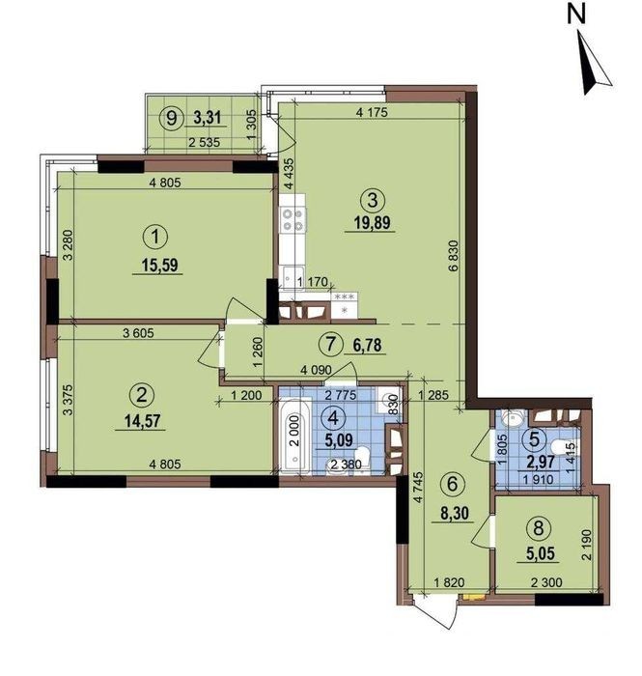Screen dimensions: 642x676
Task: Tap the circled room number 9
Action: (x=172, y=117)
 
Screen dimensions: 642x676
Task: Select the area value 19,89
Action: (x=373, y=223)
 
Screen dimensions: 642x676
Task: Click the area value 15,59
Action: (x=160, y=265)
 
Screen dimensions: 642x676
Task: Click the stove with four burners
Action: (x=293, y=219)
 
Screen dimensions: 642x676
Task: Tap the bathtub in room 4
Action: (x=293, y=437)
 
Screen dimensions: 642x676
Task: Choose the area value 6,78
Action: (x=368, y=345)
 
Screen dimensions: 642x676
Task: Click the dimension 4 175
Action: (x=373, y=113)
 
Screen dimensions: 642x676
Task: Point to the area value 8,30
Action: (x=455, y=514)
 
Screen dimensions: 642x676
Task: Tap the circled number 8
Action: (x=539, y=528)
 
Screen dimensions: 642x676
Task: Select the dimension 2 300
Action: (x=546, y=583)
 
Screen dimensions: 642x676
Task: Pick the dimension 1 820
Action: (x=449, y=583)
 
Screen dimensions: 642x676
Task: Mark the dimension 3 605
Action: (x=138, y=333)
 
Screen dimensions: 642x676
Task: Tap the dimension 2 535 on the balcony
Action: (x=205, y=142)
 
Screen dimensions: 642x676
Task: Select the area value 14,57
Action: (x=141, y=421)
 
